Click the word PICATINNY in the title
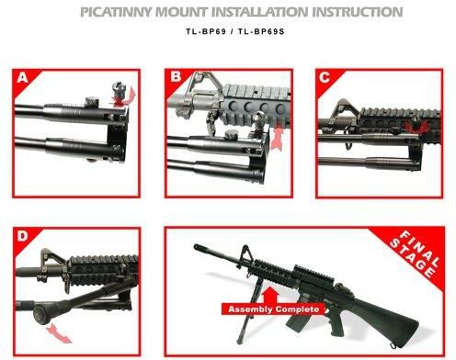(116, 12)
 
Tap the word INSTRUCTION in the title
(357, 12)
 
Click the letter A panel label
(22, 77)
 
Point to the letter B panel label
(176, 76)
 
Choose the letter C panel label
(325, 77)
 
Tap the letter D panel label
(22, 236)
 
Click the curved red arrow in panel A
(126, 98)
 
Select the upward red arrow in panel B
(278, 135)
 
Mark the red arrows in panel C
(416, 126)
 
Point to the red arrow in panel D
(59, 333)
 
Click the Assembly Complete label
(273, 309)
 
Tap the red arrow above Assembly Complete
(270, 295)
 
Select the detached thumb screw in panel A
(119, 88)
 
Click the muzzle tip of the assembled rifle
(196, 247)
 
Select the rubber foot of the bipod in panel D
(40, 314)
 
